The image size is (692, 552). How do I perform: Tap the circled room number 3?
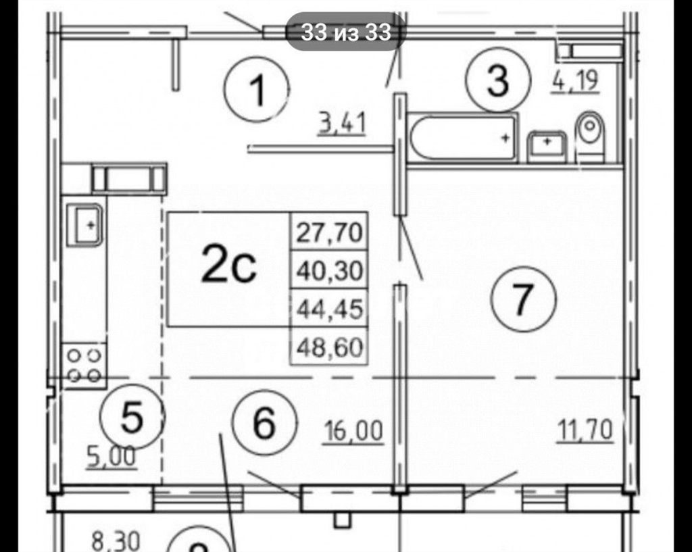pos(498,80)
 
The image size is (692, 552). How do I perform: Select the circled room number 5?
pos(132,417)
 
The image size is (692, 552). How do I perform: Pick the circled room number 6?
pos(264,423)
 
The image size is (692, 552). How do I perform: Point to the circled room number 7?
pos(524,299)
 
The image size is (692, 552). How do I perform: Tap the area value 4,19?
pos(575,81)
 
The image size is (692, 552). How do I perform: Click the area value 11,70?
pos(586,429)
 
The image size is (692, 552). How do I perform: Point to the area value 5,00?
pos(112,457)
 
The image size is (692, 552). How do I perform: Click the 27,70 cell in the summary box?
pos(329,232)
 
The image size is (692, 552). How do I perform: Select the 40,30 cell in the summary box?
pos(329,270)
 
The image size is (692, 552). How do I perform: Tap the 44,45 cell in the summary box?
pos(329,308)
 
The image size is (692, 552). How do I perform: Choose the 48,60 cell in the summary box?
pos(329,347)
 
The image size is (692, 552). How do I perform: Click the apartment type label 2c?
pos(228,264)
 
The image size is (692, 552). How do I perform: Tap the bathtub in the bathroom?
pos(462,138)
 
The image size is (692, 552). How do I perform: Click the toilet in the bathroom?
pos(589,134)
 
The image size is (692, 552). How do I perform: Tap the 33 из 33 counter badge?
pos(346,32)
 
